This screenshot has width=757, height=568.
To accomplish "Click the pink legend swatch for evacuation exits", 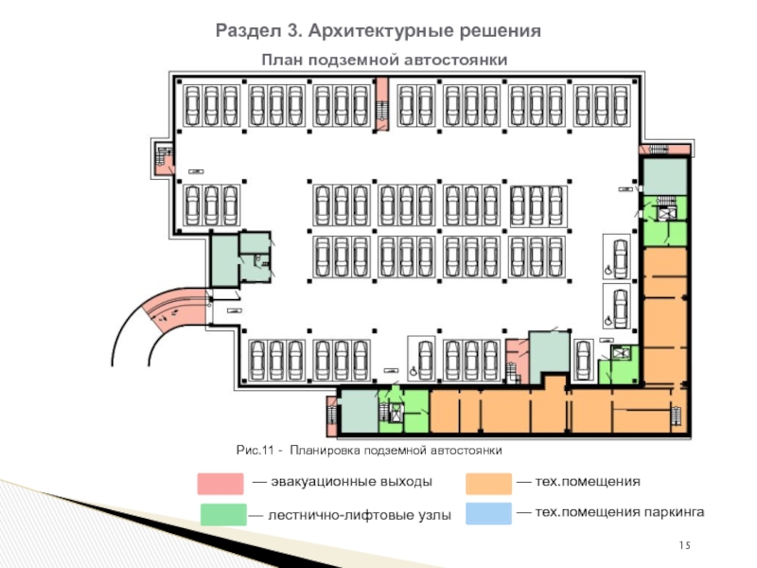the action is [x=220, y=484].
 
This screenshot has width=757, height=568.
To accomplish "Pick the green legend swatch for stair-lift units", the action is [x=220, y=515].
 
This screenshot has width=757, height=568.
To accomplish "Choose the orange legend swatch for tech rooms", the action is [x=488, y=483].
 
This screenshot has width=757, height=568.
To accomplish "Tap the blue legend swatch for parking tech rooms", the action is [x=488, y=513].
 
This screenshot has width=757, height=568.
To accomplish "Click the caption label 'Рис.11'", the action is [x=255, y=449].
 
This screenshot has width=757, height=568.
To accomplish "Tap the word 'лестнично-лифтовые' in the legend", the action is [x=317, y=516].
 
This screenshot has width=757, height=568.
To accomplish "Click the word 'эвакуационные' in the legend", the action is [x=304, y=483].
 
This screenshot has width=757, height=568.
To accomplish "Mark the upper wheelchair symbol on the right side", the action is [x=607, y=270].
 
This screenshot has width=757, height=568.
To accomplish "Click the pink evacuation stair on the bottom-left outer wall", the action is [x=330, y=413].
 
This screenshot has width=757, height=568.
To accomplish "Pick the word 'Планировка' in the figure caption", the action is [x=325, y=449].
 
